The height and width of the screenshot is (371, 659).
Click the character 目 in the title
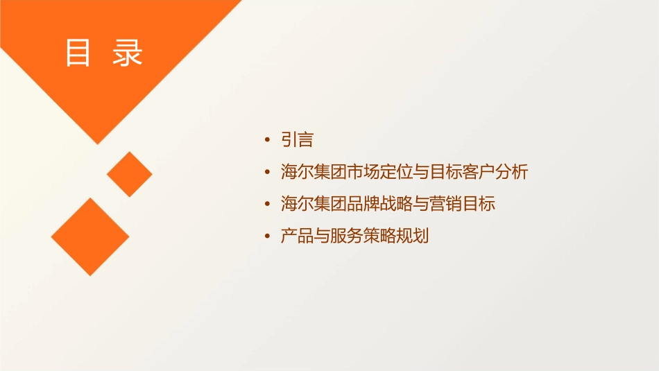(78, 53)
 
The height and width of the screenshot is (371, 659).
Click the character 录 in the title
(128, 53)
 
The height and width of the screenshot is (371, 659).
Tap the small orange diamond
(130, 174)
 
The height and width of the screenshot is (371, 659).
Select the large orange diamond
(90, 236)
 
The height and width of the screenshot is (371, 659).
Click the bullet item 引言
(297, 140)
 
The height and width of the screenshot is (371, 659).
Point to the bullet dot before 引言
(268, 141)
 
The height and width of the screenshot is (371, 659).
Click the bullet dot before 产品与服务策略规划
(268, 237)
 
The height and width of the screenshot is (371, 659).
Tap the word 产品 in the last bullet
(297, 236)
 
